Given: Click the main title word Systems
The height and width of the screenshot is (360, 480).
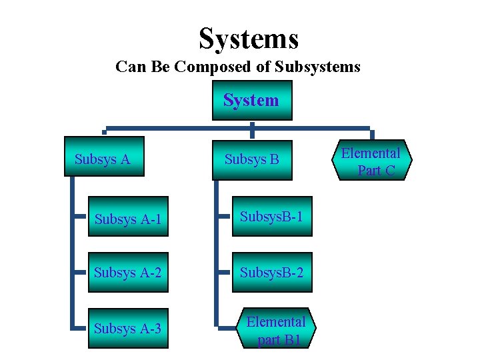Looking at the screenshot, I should tap(249, 39).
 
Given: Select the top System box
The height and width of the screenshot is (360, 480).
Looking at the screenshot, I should tap(251, 101).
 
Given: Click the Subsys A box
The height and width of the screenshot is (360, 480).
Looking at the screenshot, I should tap(103, 158).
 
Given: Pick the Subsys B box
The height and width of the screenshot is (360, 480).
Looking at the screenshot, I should tap(252, 160).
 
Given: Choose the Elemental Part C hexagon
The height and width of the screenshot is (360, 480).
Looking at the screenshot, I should tap(372, 161).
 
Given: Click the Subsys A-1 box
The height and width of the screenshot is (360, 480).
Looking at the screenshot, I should tap(129, 218).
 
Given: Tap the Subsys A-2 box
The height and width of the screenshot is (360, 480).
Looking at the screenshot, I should tap(129, 272).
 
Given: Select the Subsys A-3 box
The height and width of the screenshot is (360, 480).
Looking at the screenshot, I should tap(129, 328).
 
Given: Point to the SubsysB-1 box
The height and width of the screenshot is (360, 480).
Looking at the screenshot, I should tap(272, 217).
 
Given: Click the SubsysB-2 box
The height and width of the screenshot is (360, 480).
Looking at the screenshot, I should tap(272, 272).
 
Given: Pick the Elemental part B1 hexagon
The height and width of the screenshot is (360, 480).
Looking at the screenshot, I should tap(275, 329).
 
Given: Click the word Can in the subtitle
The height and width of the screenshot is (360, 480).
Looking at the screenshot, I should tap(129, 67).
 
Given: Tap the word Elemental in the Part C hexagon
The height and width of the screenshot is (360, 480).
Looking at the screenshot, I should tap(371, 153).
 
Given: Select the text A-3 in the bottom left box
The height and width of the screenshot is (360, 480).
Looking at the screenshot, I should tap(151, 329).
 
